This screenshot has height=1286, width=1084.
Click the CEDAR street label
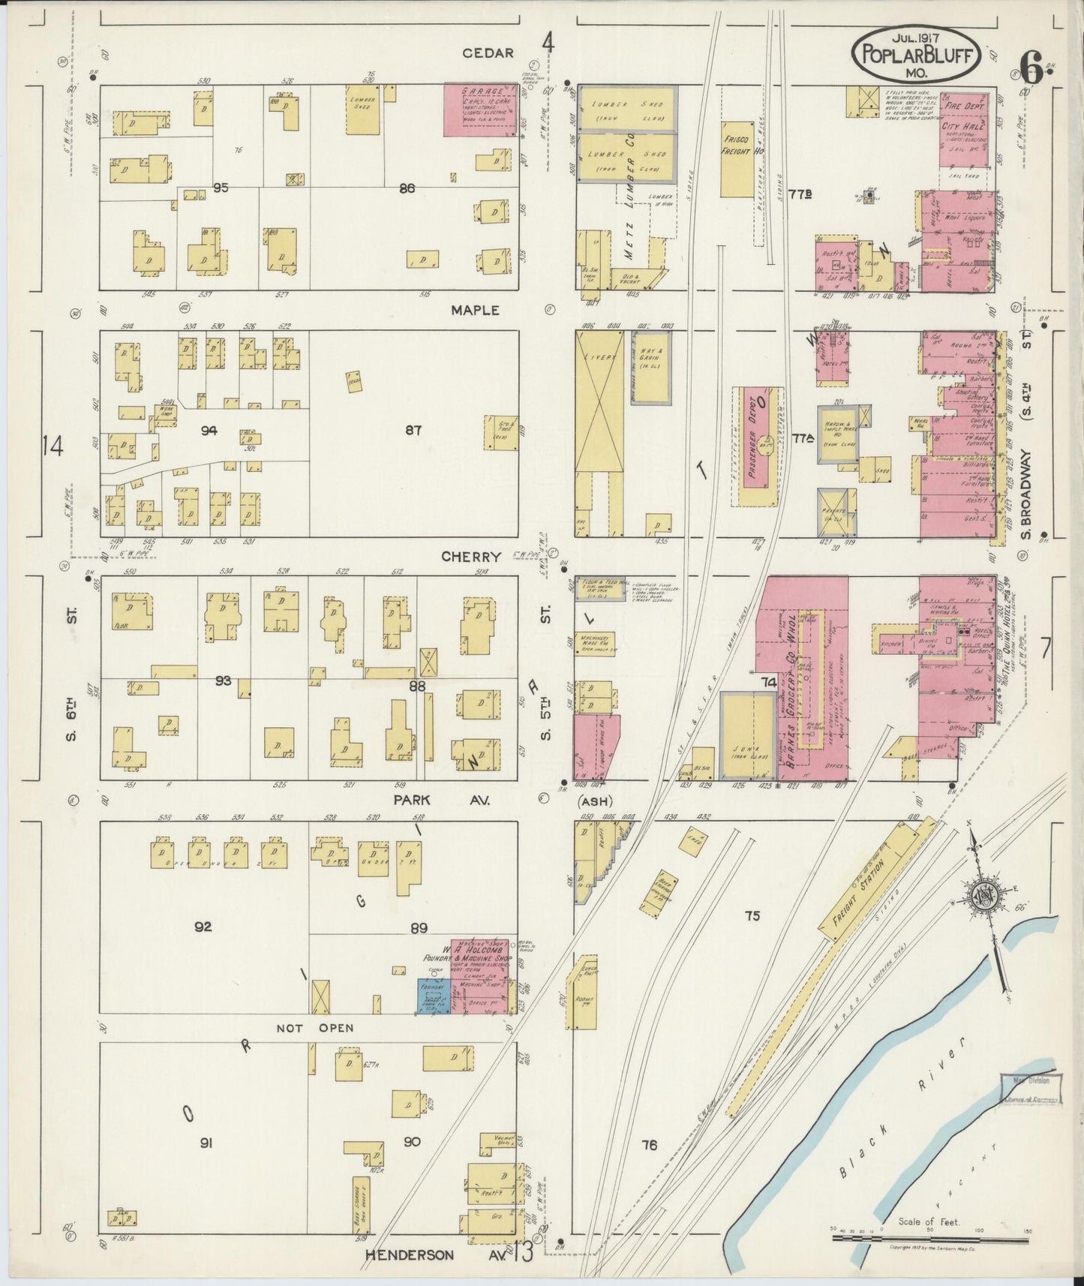click(488, 53)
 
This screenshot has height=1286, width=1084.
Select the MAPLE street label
click(476, 310)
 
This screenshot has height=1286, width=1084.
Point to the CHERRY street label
click(470, 557)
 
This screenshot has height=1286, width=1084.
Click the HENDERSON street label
click(410, 1254)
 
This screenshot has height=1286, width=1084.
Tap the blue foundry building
click(434, 996)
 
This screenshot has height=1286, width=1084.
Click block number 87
click(413, 430)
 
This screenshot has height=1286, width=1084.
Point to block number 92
click(203, 927)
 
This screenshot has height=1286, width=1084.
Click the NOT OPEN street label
click(314, 1028)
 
